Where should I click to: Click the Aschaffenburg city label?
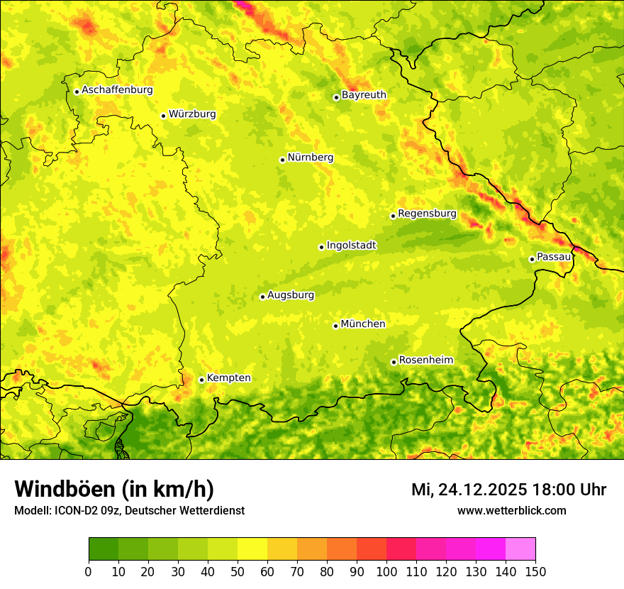(117, 90)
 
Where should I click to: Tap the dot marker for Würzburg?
(163, 116)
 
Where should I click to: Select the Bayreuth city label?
(364, 95)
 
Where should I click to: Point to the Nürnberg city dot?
(282, 160)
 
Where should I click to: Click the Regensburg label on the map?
(427, 214)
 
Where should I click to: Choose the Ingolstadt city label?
(351, 246)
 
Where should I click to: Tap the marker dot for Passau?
(532, 259)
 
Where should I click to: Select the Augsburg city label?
(291, 295)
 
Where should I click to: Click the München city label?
(363, 324)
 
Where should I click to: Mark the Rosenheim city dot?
(394, 362)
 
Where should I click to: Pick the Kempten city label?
(228, 378)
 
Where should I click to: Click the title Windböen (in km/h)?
(114, 490)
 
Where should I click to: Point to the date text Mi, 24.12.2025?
(469, 490)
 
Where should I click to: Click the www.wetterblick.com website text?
(511, 510)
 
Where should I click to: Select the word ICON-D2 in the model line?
(72, 511)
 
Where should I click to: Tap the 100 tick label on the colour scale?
(386, 571)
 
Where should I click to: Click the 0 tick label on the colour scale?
(89, 571)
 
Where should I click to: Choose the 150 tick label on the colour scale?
(535, 571)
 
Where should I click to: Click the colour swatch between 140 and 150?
(520, 549)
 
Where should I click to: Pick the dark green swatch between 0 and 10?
(104, 549)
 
